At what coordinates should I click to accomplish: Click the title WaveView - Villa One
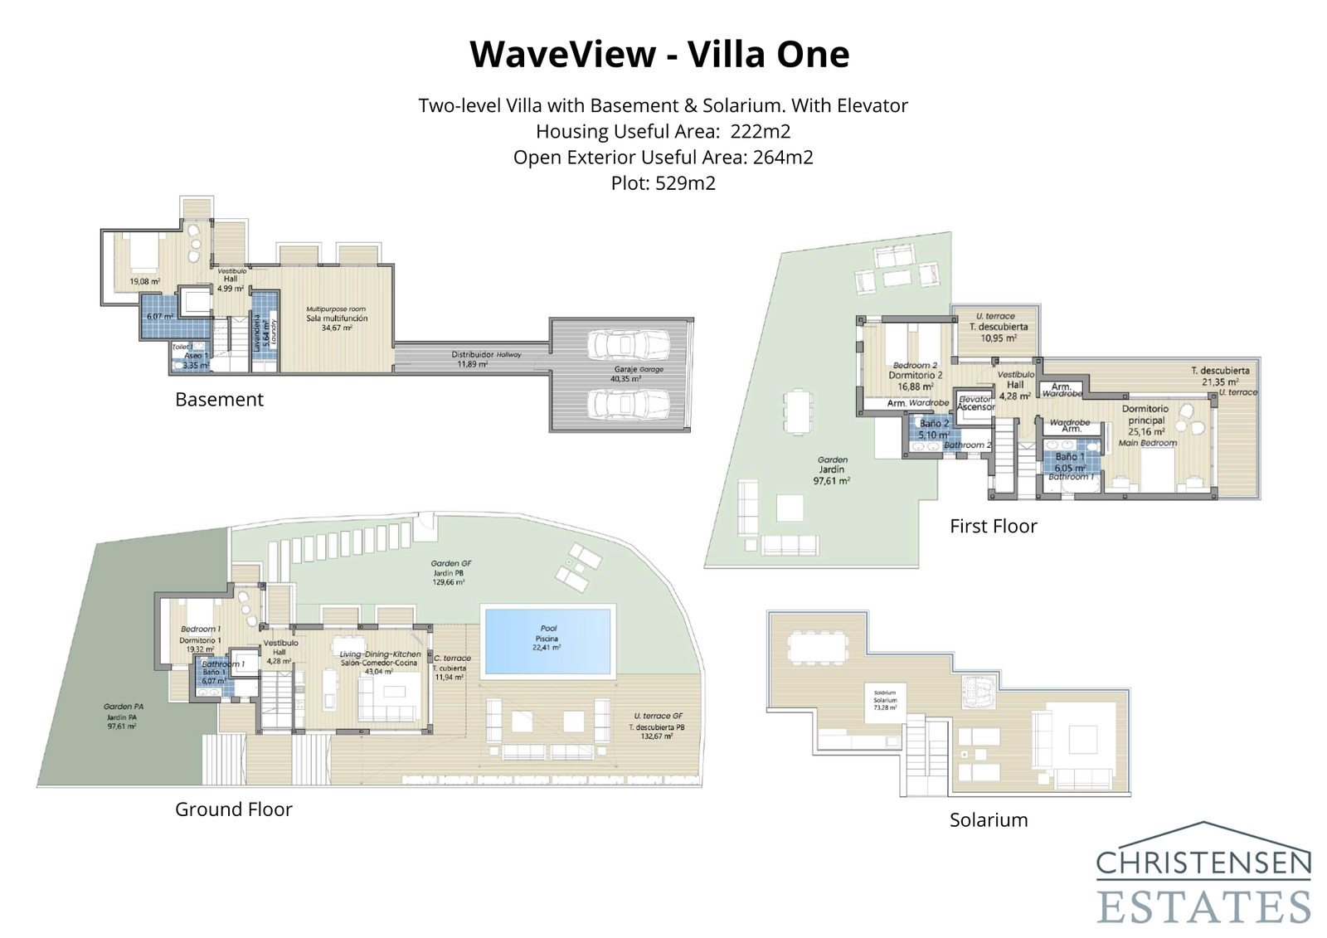pyautogui.click(x=659, y=55)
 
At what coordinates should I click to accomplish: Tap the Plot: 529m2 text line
pyautogui.click(x=663, y=183)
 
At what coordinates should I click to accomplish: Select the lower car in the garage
pyautogui.click(x=628, y=404)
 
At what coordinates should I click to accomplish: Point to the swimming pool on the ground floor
pyautogui.click(x=548, y=639)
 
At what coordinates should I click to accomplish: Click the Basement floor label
pyautogui.click(x=219, y=400)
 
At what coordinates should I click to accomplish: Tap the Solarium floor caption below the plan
pyautogui.click(x=988, y=820)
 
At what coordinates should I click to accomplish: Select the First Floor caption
pyautogui.click(x=993, y=527)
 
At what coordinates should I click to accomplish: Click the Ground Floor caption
pyautogui.click(x=233, y=809)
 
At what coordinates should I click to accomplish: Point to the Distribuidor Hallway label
pyautogui.click(x=484, y=358)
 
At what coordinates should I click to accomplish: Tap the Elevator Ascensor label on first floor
pyautogui.click(x=975, y=403)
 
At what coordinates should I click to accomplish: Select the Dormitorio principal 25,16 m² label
pyautogui.click(x=1146, y=420)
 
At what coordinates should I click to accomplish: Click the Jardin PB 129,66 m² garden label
pyautogui.click(x=451, y=572)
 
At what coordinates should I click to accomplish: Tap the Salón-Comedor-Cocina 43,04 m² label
pyautogui.click(x=380, y=663)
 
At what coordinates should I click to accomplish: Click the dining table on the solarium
pyautogui.click(x=817, y=647)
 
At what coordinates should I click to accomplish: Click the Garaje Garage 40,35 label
pyautogui.click(x=638, y=373)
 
